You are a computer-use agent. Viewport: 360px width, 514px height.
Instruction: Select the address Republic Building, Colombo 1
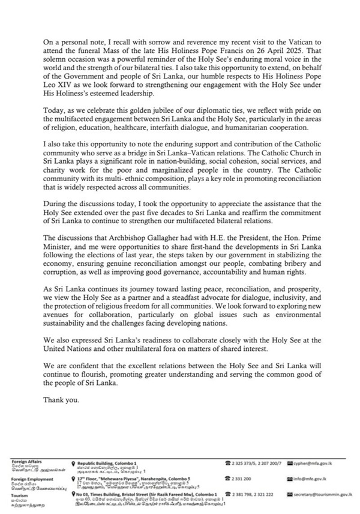[x=107, y=464]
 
